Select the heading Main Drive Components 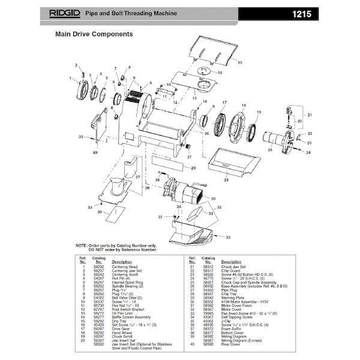click(94, 34)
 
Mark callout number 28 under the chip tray click(226, 179)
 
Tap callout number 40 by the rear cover click(95, 152)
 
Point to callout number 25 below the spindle click(269, 149)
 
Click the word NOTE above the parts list click(82, 245)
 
